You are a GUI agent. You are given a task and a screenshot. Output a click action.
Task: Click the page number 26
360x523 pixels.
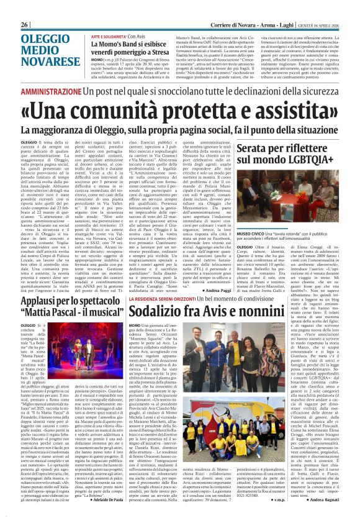tap(25, 6)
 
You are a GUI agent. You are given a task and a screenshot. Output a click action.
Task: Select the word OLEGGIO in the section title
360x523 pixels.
tap(45, 22)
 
